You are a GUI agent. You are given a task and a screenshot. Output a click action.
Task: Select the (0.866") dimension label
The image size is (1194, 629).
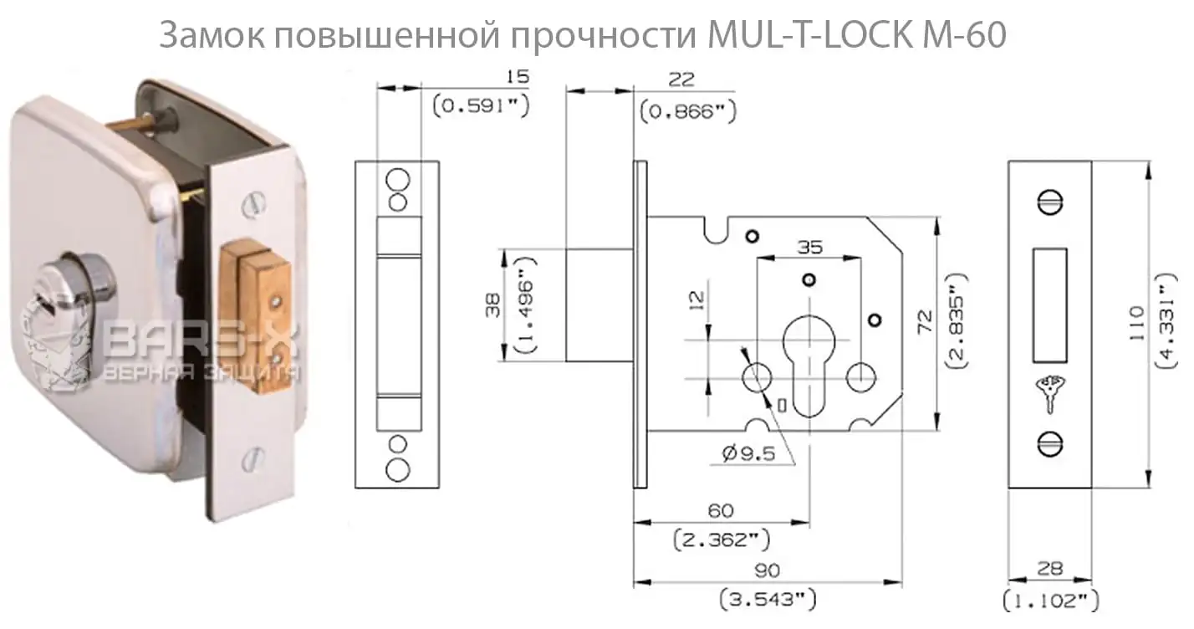pos(687,111)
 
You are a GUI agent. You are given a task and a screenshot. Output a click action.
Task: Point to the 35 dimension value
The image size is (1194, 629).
pos(809,248)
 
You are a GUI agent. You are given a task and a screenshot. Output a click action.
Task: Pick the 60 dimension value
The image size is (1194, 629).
pos(720,510)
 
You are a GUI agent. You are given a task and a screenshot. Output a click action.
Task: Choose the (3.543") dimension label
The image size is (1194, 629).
pos(767,599)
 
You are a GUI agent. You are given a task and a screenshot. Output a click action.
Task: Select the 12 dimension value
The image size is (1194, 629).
pos(698,299)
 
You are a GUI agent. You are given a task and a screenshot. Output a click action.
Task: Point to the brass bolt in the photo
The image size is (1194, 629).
pos(261,322)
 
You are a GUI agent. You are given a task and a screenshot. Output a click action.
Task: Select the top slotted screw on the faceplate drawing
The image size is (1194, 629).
pos(1050,202)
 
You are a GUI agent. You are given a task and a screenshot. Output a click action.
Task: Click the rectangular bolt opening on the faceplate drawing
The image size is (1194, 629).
pos(1051,299)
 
